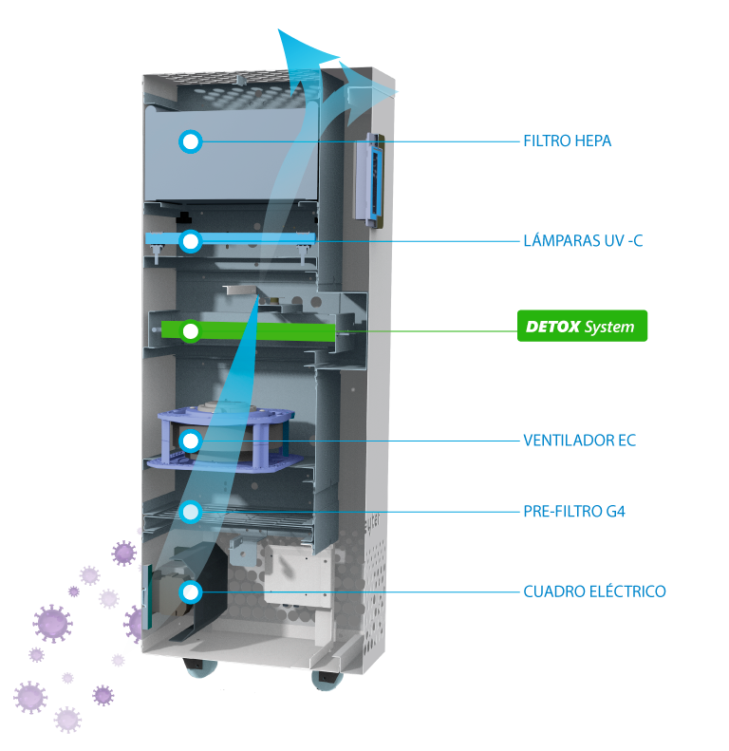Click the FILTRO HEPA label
coord(567,141)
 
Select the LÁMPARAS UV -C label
coord(583,241)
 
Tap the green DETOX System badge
coord(582,327)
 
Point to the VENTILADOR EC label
coord(579,441)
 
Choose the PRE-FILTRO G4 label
coord(574,512)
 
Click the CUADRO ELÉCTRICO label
coord(594,591)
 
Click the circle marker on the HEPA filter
coord(191,142)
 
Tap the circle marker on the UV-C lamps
coord(191,242)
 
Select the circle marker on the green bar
coord(191,331)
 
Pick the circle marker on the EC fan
coord(191,441)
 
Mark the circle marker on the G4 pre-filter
coord(191,513)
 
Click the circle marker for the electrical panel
coord(191,592)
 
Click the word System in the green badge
coord(608,327)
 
